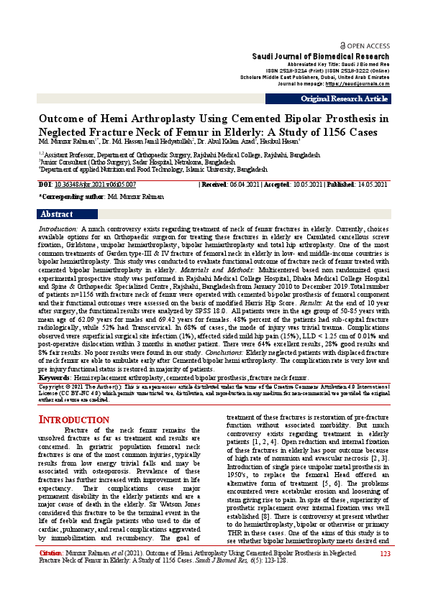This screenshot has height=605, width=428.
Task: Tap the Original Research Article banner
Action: pyautogui.click(x=344, y=98)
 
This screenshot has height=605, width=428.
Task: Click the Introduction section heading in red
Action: pyautogui.click(x=73, y=420)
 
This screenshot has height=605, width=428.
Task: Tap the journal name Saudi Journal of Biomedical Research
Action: pyautogui.click(x=321, y=56)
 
